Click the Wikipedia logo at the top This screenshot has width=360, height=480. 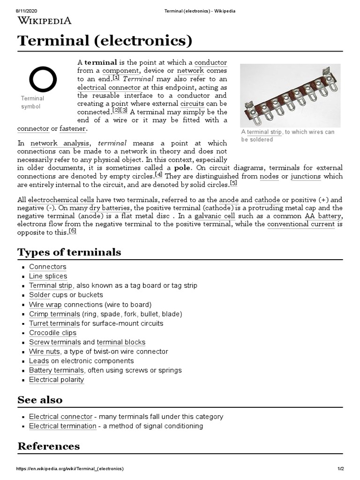(45, 20)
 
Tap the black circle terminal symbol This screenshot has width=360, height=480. (43, 79)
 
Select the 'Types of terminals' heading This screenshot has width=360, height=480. (69, 252)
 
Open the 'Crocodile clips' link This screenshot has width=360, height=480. (52, 332)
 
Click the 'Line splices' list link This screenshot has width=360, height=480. (48, 276)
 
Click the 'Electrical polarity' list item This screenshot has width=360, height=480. (56, 379)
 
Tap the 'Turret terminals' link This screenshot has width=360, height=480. (54, 323)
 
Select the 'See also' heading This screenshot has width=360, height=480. (40, 400)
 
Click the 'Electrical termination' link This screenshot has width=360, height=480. (62, 426)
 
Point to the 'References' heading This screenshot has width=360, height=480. (49, 446)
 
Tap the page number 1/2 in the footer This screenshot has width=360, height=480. (340, 469)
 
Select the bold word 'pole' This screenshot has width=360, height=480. (183, 167)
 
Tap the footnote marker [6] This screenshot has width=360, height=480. (72, 231)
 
